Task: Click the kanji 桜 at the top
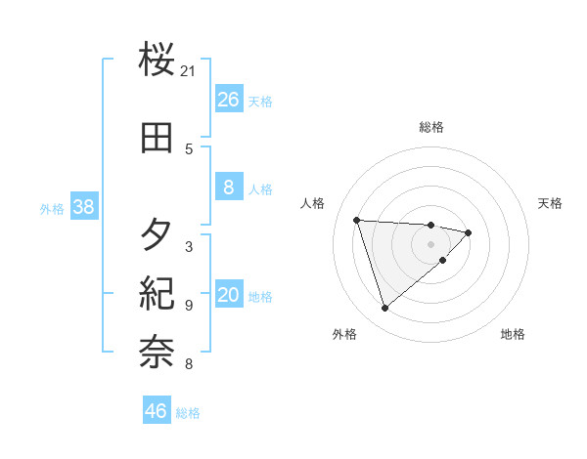click(x=157, y=61)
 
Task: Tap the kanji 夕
click(x=157, y=234)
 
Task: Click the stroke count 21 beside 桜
click(x=189, y=71)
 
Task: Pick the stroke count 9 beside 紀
click(x=189, y=306)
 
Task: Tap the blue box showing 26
click(x=228, y=100)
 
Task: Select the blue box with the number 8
click(x=228, y=188)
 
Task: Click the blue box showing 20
click(x=228, y=296)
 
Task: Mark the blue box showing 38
click(x=83, y=208)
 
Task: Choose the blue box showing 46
click(x=157, y=411)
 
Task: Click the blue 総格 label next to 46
click(x=188, y=413)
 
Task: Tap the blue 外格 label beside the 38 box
click(x=52, y=209)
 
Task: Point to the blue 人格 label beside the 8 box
click(x=260, y=189)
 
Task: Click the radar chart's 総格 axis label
click(x=431, y=127)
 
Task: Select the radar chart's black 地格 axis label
click(x=513, y=334)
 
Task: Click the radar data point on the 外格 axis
click(x=384, y=309)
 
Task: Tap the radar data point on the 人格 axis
click(x=357, y=220)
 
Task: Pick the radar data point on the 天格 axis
click(x=469, y=232)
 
